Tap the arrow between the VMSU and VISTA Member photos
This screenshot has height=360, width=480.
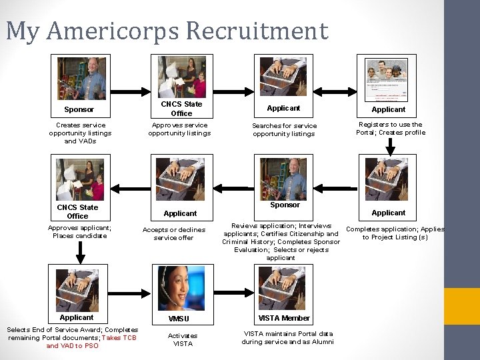pyautogui.click(x=229, y=287)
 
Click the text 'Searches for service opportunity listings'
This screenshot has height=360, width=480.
pyautogui.click(x=284, y=129)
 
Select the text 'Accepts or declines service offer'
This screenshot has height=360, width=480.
pyautogui.click(x=174, y=233)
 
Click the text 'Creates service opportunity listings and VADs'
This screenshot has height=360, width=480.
pyautogui.click(x=81, y=133)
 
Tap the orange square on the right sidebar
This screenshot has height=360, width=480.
pyautogui.click(x=462, y=306)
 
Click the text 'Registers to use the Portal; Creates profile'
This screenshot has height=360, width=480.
pyautogui.click(x=391, y=128)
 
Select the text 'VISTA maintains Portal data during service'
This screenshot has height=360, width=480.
pyautogui.click(x=287, y=337)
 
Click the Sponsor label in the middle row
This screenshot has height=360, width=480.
pyautogui.click(x=285, y=205)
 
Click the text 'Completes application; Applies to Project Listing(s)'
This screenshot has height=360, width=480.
pyautogui.click(x=395, y=233)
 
